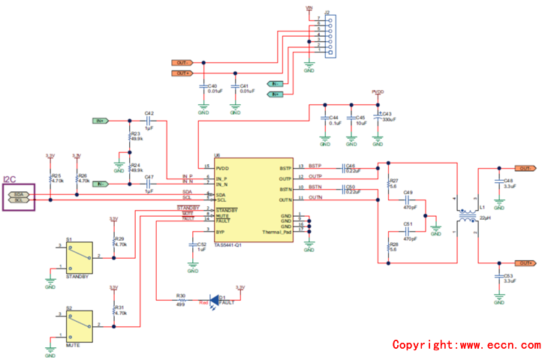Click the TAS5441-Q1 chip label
pos(227,245)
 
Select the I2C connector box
pos(19,196)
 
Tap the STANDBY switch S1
pos(78,258)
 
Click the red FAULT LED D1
pos(212,301)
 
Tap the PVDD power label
pos(378,91)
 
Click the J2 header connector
pos(327,35)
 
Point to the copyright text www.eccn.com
pos(465,345)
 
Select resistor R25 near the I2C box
pos(50,178)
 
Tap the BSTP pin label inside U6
pos(285,168)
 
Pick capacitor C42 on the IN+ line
pos(149,120)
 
